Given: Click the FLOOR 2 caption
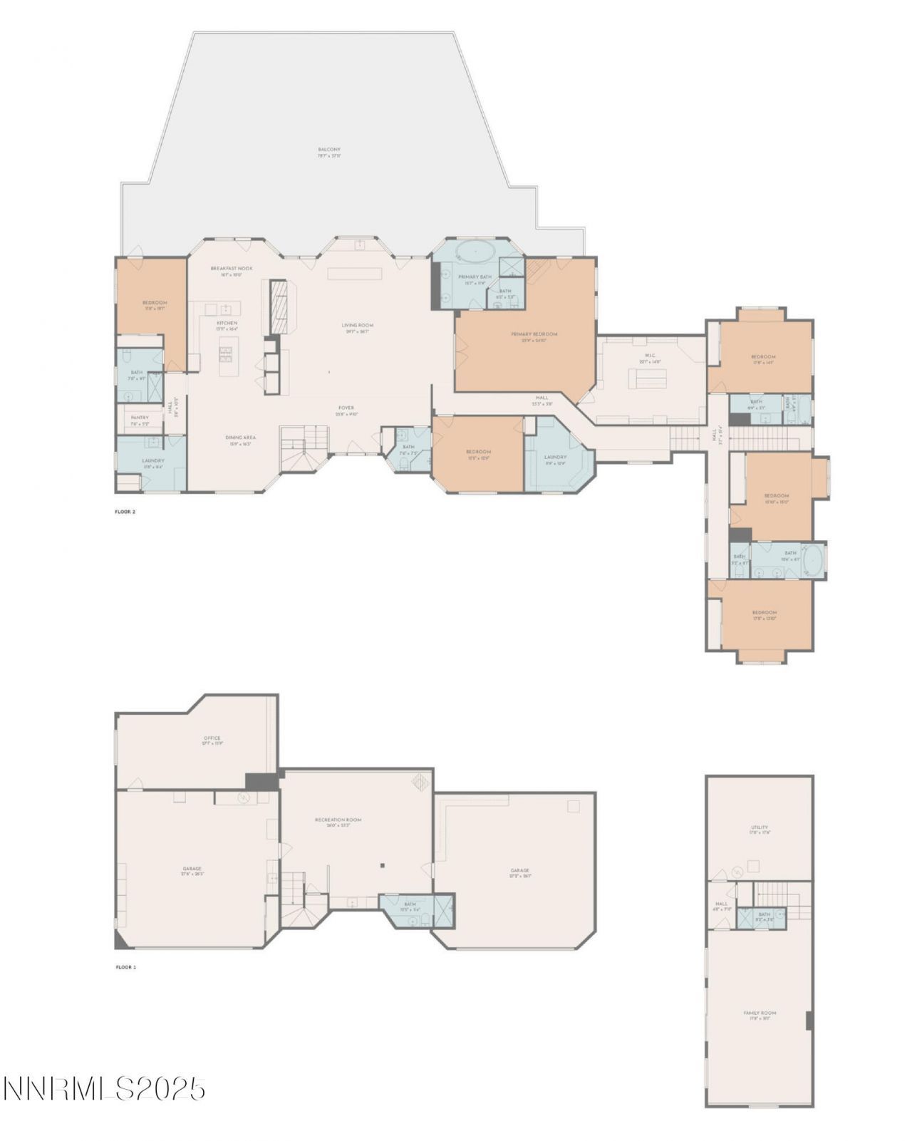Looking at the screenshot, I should [125, 512].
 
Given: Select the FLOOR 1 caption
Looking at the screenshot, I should [125, 967].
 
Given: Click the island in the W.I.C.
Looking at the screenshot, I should [646, 378].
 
